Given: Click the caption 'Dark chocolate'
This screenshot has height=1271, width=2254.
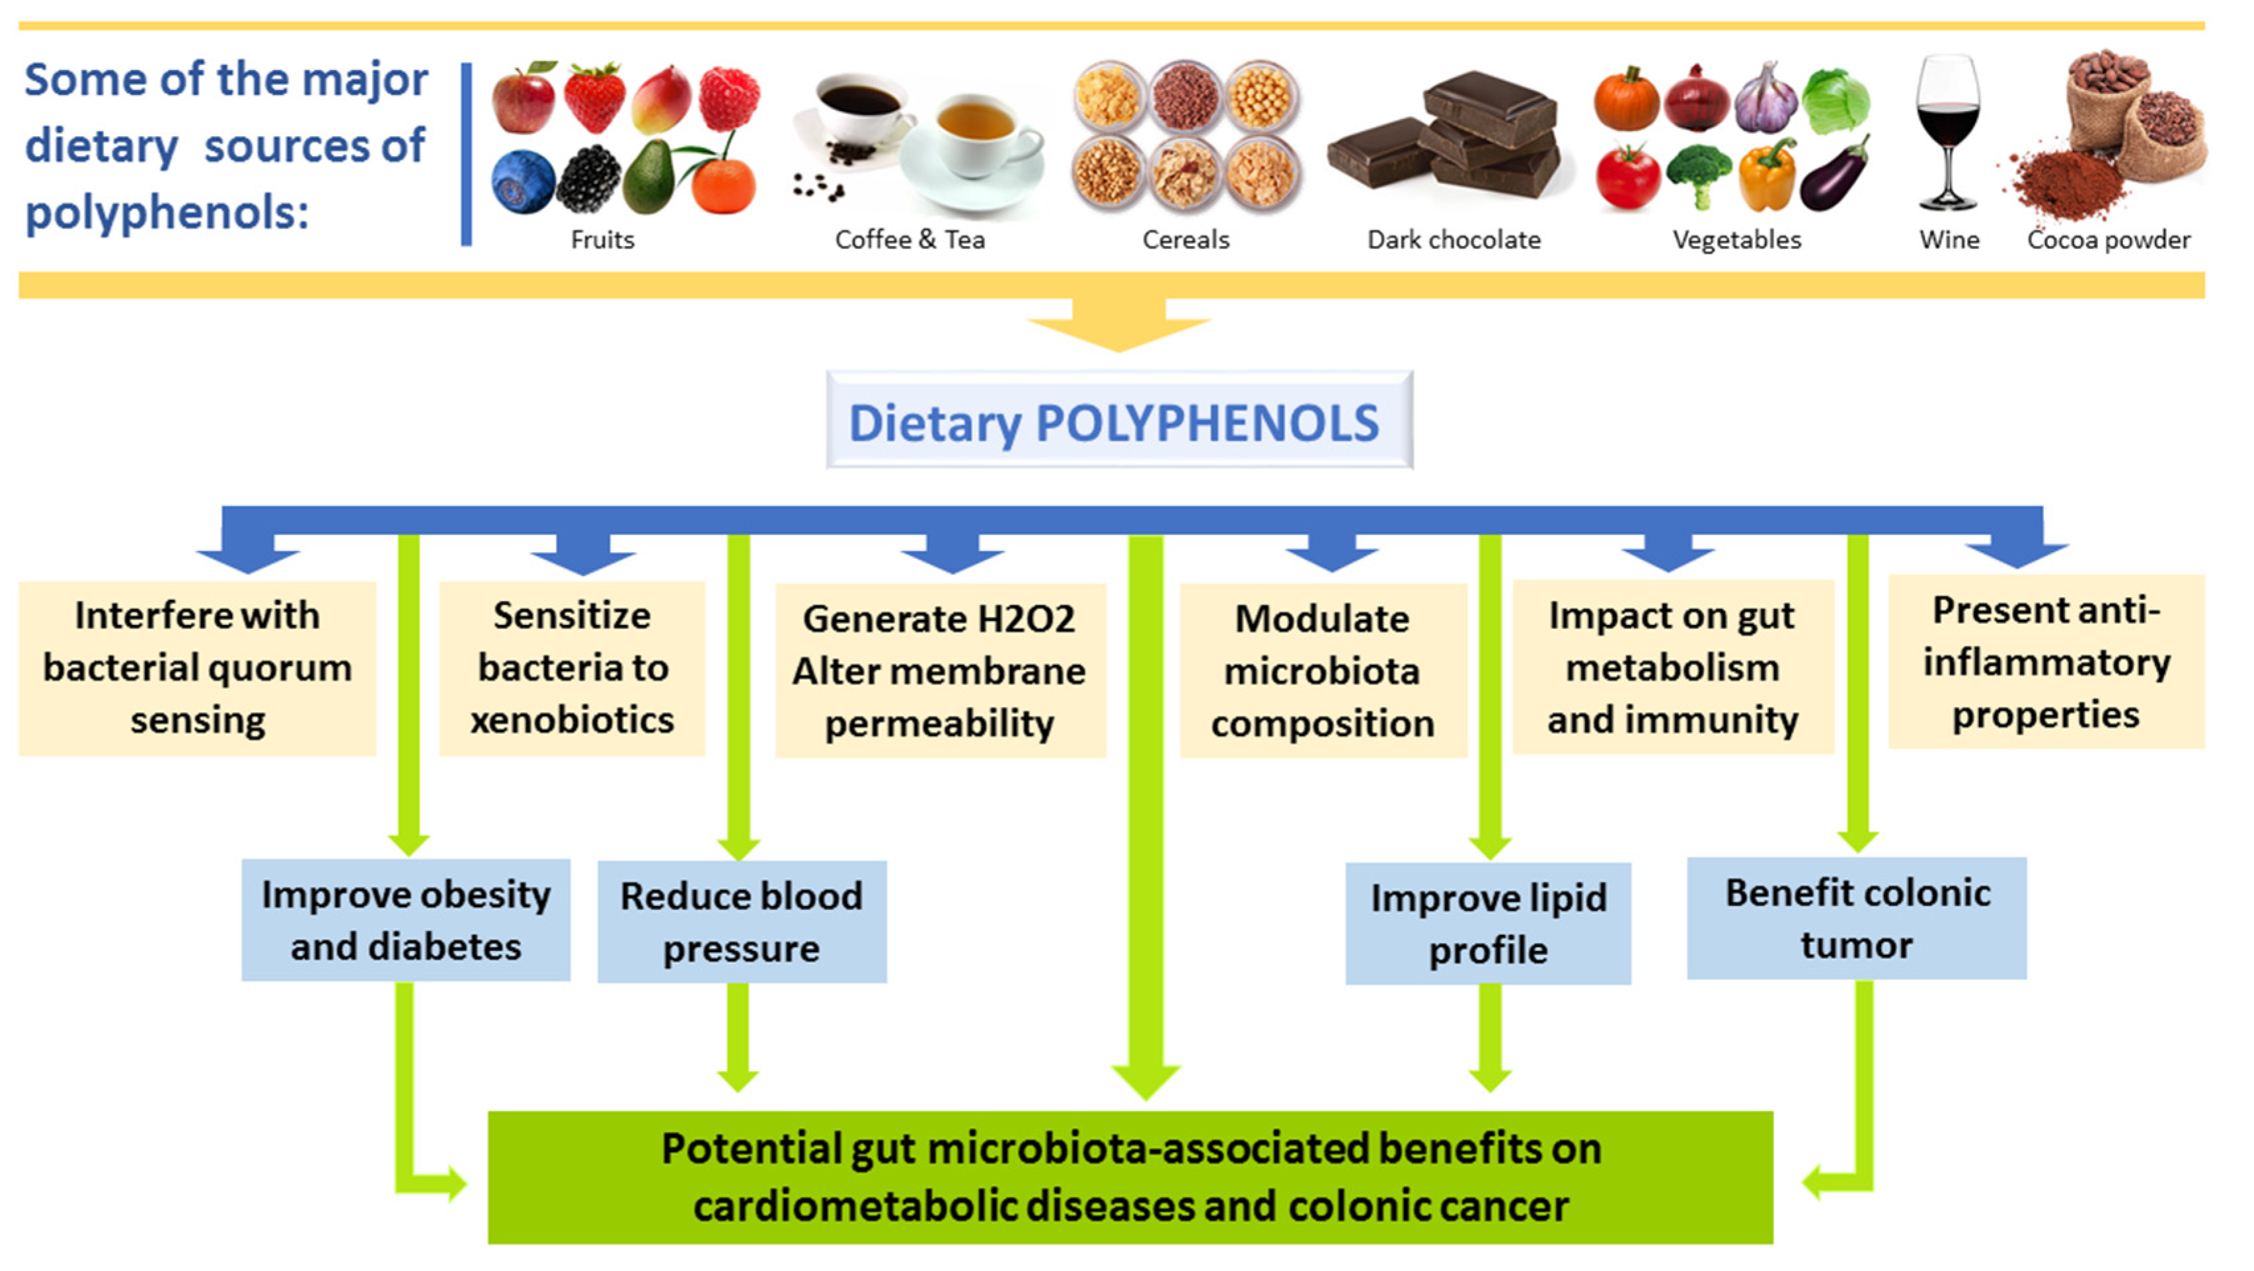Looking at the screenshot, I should [1454, 240].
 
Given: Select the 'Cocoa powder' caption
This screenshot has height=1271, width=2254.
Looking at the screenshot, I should [2108, 240].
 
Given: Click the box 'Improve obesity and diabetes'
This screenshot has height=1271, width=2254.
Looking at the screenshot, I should [405, 920].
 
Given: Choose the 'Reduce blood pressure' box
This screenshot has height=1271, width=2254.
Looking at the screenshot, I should [741, 922].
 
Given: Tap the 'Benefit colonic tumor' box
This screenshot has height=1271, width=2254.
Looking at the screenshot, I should [1856, 919].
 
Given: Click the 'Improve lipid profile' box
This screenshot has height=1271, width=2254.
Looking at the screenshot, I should [1487, 923].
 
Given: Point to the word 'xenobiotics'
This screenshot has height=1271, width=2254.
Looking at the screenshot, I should [572, 720].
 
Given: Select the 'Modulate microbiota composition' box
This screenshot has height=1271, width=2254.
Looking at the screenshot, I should [1322, 671].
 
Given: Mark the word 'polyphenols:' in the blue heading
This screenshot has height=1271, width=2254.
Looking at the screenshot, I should [167, 213].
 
